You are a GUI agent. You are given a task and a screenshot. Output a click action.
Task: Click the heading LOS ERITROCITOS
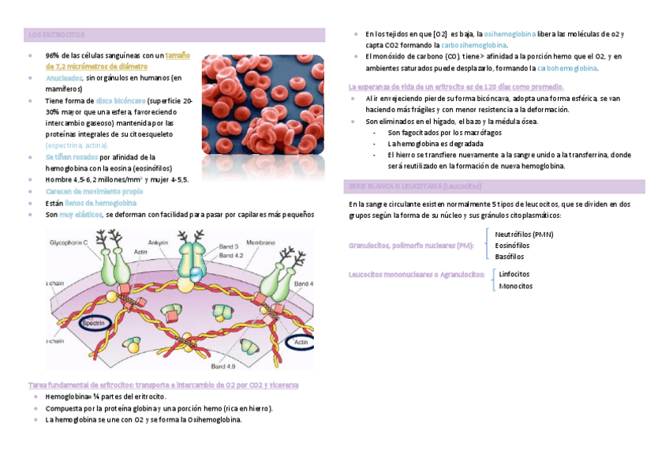(56, 35)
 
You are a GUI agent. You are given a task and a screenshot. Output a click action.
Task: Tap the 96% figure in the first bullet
(52, 56)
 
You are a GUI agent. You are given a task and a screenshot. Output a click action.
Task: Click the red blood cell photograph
(263, 104)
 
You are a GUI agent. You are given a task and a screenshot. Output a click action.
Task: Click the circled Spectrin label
(94, 323)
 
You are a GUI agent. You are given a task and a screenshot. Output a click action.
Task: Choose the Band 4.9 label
(224, 366)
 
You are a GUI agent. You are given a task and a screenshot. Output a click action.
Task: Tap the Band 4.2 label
(231, 256)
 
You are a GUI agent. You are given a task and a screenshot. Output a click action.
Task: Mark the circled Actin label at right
(301, 343)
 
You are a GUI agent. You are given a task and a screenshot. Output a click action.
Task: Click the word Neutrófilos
(524, 235)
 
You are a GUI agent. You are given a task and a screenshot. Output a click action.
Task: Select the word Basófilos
(510, 257)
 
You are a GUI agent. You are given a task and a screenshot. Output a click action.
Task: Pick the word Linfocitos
(514, 274)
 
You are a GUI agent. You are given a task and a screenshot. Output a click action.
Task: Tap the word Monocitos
(515, 286)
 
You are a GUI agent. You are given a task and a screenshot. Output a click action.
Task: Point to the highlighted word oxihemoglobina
(510, 35)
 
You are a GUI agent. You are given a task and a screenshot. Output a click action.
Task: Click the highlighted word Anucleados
(64, 78)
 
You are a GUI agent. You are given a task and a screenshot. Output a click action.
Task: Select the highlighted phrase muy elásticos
(80, 214)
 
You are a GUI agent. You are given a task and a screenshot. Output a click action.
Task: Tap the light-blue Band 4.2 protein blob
(194, 273)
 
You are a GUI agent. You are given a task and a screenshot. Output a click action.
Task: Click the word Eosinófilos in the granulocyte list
(512, 246)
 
